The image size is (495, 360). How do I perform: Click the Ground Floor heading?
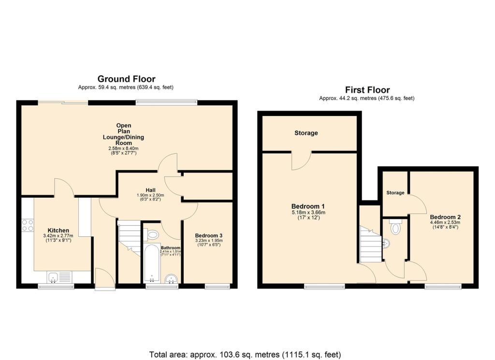coord(126,79)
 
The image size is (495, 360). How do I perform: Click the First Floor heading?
coord(367,90)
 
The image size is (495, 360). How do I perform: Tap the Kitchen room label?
coord(58,230)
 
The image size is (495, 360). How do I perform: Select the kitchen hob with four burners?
coord(28,225)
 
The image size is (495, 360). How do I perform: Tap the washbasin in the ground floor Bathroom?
coord(171,279)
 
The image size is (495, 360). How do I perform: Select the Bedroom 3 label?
coord(208,235)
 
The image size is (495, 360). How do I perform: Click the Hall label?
coord(149,190)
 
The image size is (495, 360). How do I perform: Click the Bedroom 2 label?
coord(445,217)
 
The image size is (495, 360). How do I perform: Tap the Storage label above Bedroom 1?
coord(306,133)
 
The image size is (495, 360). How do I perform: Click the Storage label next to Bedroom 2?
coord(395,193)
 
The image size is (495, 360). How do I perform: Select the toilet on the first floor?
coord(395,228)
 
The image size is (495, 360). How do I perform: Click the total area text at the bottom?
coord(247,355)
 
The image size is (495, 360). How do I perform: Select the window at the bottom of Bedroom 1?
coord(324,287)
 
